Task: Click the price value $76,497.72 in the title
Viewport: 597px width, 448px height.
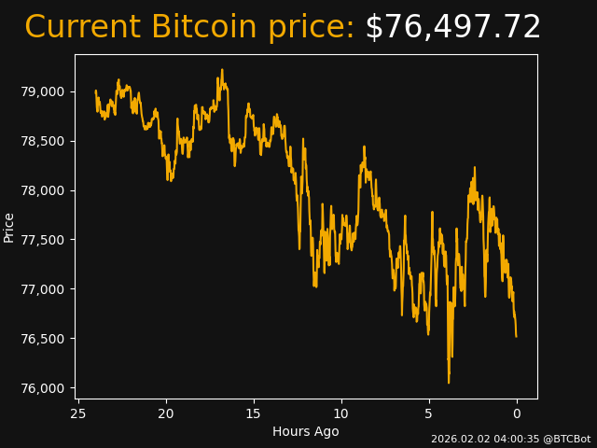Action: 452,28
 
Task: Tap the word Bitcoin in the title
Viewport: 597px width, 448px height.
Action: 203,28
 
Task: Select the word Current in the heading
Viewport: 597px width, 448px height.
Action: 83,28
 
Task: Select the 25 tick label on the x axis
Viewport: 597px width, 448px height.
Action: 78,413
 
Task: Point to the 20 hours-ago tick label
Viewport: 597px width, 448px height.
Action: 166,413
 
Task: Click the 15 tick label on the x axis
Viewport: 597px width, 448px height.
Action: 254,413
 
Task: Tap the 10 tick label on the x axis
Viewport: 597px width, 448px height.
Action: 341,413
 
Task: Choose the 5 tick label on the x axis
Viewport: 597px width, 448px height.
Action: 429,413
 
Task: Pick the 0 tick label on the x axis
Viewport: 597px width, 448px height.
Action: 517,413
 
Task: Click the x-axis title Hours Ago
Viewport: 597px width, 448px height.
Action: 306,431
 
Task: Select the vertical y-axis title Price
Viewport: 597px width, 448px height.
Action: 9,227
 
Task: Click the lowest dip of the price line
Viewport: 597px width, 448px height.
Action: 449,383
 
